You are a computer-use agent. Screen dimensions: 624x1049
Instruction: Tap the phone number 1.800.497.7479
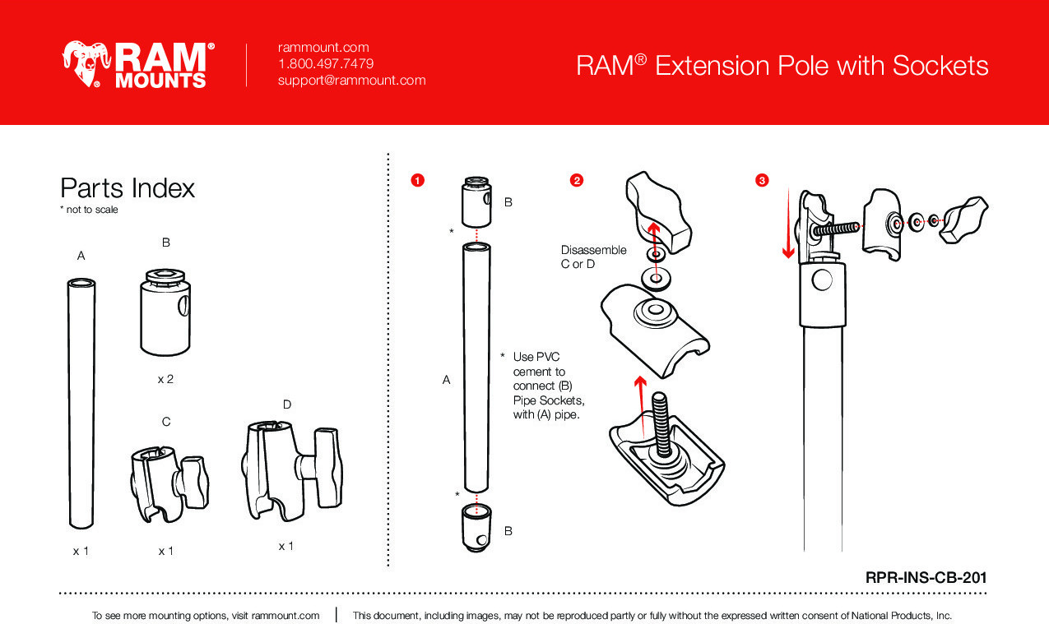[x=326, y=63]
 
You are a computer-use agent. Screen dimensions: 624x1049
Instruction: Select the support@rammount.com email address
[x=351, y=80]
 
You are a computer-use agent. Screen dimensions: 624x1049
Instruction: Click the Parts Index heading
[x=128, y=188]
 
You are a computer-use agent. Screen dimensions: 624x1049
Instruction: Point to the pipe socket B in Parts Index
[x=165, y=312]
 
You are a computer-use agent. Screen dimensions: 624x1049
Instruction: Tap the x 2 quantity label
[x=165, y=380]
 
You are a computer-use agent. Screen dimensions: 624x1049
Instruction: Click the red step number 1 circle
[x=417, y=180]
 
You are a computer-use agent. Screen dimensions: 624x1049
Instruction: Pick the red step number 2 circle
[x=577, y=180]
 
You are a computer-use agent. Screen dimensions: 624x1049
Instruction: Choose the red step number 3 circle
[x=762, y=180]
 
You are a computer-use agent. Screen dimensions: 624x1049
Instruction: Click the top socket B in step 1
[x=477, y=201]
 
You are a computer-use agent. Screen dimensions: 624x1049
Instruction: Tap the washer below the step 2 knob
[x=655, y=279]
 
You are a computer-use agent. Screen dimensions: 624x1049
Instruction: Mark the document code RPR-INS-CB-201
[x=926, y=578]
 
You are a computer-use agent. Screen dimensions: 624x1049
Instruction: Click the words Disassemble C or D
[x=593, y=257]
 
